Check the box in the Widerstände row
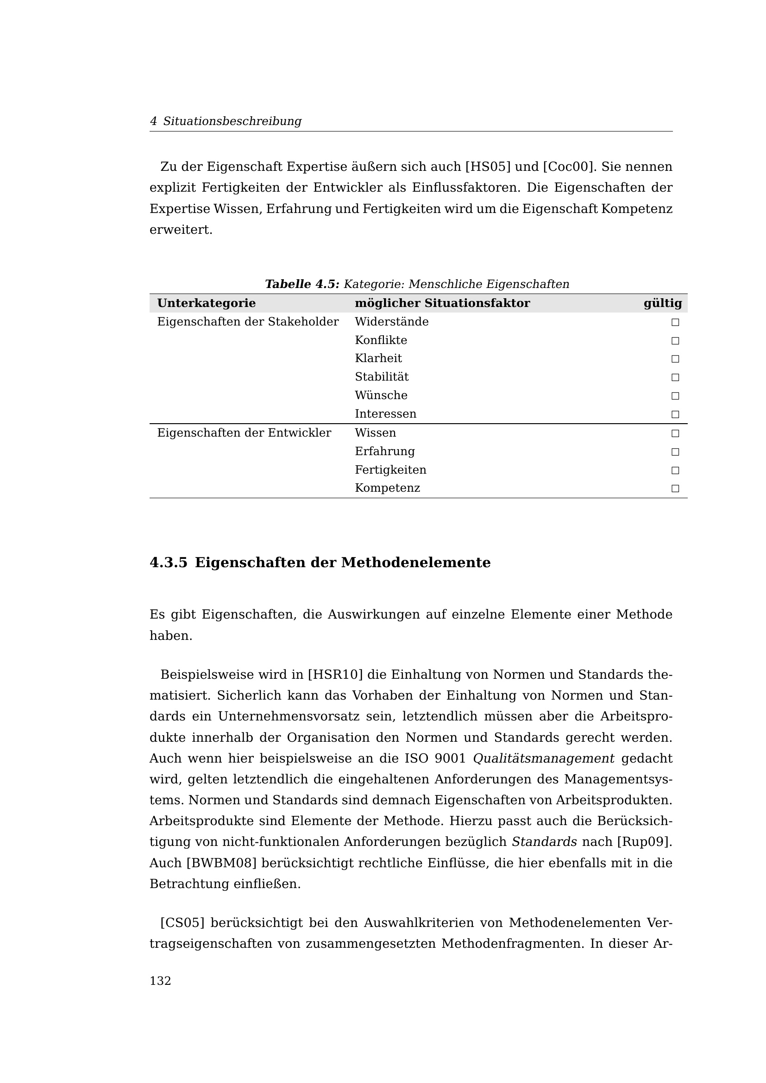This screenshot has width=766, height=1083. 675,323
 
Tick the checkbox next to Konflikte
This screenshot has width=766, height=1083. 675,341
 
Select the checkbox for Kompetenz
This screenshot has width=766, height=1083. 675,488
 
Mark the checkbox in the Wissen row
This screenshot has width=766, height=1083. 675,433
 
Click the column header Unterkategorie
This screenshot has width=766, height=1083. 206,303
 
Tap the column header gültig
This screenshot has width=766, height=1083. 662,303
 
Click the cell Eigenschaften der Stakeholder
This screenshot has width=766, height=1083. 248,322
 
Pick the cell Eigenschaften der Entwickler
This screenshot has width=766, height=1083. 244,433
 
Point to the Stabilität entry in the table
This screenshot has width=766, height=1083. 382,377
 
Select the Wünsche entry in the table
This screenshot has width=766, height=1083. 381,395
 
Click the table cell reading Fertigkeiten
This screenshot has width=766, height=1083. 390,470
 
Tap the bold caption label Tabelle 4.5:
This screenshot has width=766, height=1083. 302,284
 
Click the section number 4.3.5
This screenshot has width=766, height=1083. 169,563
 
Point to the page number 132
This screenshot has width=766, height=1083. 160,981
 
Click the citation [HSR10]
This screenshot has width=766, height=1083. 335,675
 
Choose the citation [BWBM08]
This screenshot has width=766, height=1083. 222,863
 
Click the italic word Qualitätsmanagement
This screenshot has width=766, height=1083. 543,758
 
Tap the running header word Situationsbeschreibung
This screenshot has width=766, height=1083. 232,121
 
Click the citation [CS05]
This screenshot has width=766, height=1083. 182,922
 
